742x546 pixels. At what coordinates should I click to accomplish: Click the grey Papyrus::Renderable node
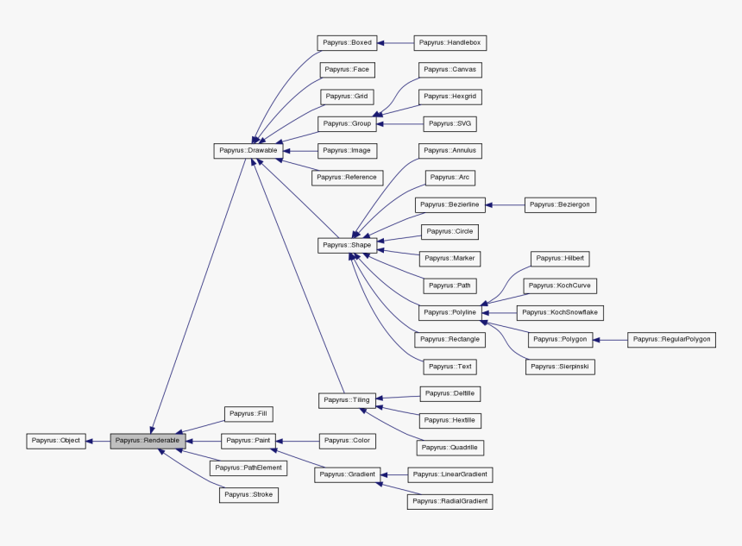148,441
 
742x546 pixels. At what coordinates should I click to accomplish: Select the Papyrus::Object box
55,441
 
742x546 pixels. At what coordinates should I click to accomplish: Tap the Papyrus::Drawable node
248,150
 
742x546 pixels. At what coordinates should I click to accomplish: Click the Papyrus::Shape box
347,245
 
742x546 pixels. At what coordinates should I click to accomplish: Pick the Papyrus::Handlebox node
450,42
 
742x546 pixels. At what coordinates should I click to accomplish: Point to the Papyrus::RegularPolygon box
671,339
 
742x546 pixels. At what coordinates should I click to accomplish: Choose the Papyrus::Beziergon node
561,204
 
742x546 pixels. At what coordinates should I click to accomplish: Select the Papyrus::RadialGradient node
450,501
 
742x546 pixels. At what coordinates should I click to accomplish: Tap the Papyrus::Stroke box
249,494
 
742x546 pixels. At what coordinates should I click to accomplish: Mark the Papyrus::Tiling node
347,400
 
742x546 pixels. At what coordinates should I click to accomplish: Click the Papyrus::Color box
347,441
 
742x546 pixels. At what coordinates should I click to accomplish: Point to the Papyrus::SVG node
450,123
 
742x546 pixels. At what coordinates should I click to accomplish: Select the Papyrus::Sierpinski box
561,367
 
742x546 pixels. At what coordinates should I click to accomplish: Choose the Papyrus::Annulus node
450,150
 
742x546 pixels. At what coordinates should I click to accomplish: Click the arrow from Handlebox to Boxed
396,42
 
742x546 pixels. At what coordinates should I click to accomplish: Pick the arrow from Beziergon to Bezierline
506,204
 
